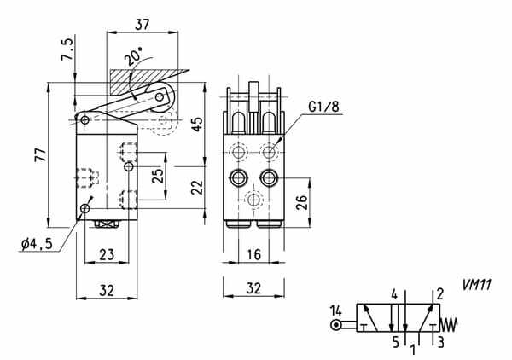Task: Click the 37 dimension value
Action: point(142,25)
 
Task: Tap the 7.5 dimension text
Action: point(67,49)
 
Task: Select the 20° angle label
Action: point(133,55)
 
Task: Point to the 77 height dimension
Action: point(41,154)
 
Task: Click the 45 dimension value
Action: point(197,125)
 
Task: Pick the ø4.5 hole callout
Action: point(37,244)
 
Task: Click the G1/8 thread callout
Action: point(324,107)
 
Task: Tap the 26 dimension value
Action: point(301,202)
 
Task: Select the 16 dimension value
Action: point(253,254)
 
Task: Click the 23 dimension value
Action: point(107,255)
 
